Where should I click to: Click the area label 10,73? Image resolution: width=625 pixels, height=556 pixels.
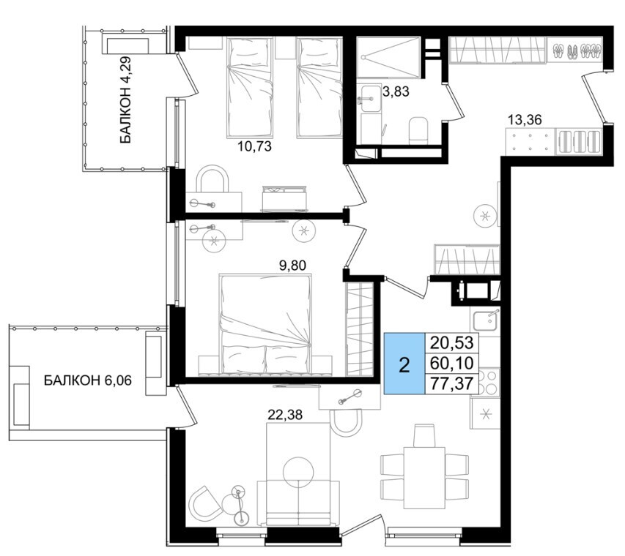point(254,146)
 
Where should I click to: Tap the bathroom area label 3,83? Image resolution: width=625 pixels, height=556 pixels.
point(396,92)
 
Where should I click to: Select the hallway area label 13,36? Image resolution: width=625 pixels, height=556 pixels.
point(525,119)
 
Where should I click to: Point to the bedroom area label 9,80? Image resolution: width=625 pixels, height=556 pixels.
point(292,265)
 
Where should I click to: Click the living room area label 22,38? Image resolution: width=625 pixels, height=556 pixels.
point(285,415)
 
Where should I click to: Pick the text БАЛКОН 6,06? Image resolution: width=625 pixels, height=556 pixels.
point(88,380)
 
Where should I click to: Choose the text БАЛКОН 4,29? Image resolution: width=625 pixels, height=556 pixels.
point(125,100)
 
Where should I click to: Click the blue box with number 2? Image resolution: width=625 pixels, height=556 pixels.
point(404,364)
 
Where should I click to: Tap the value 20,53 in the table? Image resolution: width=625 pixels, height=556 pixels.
point(451,342)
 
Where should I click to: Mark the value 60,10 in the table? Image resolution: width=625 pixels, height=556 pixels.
point(451,363)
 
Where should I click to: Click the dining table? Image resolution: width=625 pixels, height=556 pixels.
point(424,478)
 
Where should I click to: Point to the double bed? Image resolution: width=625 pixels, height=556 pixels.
point(265,324)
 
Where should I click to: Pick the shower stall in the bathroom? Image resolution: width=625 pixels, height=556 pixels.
point(388,57)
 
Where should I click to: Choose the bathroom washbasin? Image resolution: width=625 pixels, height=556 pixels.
point(369,98)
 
